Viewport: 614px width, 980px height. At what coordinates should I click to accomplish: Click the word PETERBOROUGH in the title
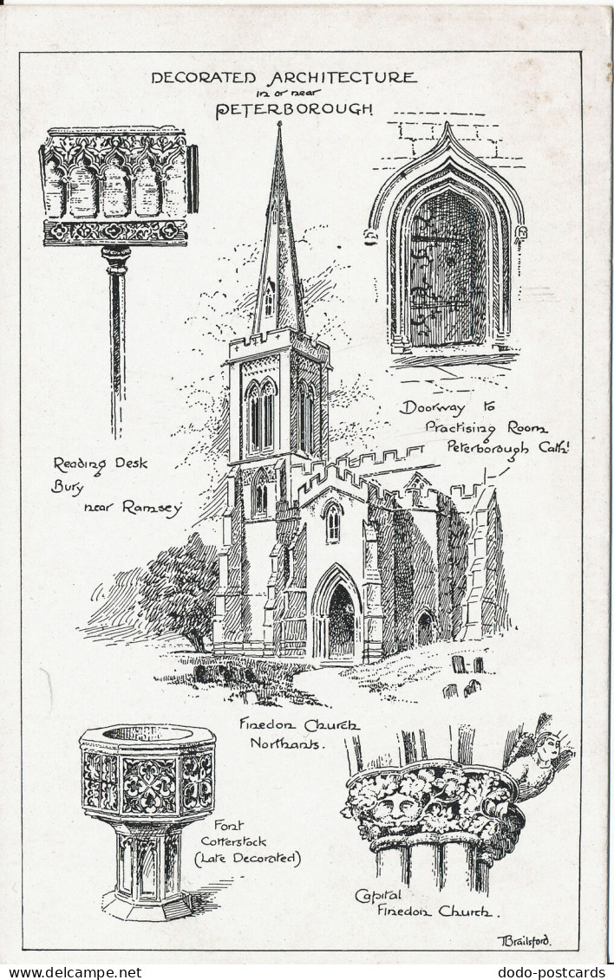(x=294, y=109)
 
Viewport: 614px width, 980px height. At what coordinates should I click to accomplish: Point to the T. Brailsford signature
(x=524, y=939)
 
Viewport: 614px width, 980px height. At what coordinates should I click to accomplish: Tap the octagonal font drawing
(x=147, y=815)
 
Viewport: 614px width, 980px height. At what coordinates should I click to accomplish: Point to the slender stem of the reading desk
(x=116, y=347)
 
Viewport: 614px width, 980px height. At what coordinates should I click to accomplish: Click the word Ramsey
(x=153, y=508)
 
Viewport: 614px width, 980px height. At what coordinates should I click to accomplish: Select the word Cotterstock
(x=233, y=841)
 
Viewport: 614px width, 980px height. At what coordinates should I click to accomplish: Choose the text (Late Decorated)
(x=247, y=859)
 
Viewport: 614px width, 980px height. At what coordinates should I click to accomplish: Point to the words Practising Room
(x=486, y=428)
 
